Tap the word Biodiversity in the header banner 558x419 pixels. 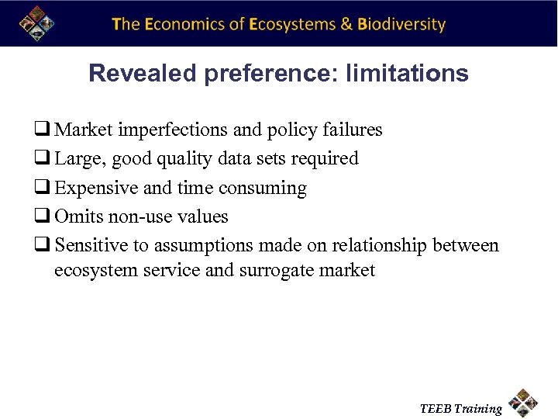(x=401, y=24)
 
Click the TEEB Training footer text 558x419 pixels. (x=461, y=408)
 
